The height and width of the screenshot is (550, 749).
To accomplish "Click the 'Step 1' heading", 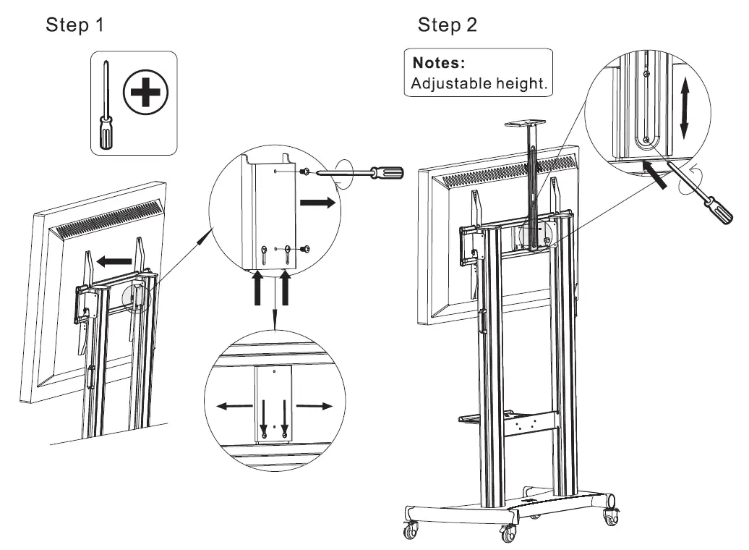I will [x=75, y=25].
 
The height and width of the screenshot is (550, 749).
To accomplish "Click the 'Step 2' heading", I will [x=448, y=25].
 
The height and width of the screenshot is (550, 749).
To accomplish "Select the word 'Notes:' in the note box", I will [x=439, y=62].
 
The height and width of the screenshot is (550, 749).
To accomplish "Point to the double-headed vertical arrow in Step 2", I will [x=685, y=110].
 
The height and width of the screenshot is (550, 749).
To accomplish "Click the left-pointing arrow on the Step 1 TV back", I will [x=116, y=260].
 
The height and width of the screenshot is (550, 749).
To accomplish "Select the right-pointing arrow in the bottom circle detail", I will [x=317, y=406].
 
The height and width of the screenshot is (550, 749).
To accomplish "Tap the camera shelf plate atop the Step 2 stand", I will [x=533, y=125].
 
